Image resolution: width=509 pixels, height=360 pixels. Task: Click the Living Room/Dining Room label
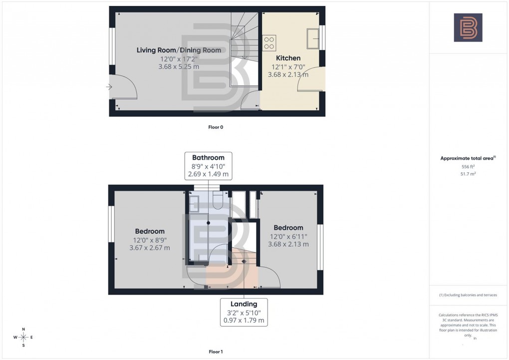(x=179, y=50)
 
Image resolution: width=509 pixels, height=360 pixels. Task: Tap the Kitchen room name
(x=288, y=58)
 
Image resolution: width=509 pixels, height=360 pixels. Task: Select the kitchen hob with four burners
(x=269, y=42)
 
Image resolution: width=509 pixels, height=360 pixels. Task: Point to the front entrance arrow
(x=109, y=87)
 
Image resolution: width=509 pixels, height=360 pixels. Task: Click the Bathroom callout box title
(x=208, y=158)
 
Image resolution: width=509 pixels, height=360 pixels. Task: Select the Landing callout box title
(x=244, y=304)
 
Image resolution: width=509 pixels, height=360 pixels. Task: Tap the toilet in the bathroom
(x=218, y=200)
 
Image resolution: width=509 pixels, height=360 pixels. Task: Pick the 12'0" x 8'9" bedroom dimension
(x=150, y=240)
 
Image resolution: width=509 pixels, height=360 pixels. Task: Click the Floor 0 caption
(x=216, y=127)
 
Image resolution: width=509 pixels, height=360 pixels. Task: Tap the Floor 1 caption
(x=216, y=352)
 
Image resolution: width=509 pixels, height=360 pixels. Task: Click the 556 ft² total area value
(x=468, y=166)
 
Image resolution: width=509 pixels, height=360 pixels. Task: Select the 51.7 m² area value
(x=468, y=174)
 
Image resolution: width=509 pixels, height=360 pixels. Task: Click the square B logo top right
(x=468, y=27)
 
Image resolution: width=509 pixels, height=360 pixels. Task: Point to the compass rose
(x=23, y=338)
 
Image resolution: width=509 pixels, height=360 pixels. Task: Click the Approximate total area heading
(x=467, y=158)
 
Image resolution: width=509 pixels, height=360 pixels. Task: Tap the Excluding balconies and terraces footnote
(x=468, y=295)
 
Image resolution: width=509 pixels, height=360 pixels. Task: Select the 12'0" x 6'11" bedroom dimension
(x=288, y=236)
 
